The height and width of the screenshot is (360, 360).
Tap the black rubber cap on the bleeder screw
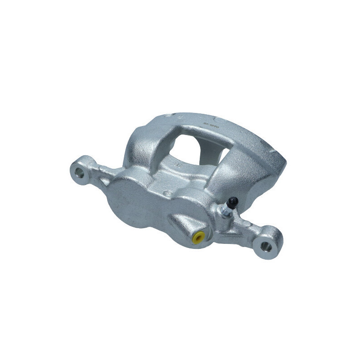coord(232,202)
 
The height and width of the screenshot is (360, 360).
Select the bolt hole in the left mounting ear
coord(81,171)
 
